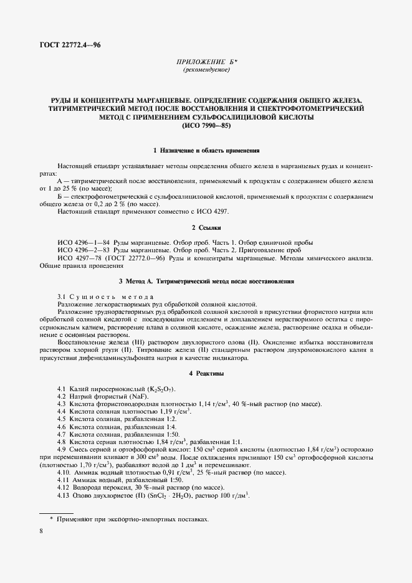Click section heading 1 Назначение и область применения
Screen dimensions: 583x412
(206, 151)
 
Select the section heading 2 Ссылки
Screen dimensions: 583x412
(206, 229)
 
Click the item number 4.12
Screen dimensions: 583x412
(64, 487)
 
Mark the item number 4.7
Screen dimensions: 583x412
(62, 434)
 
